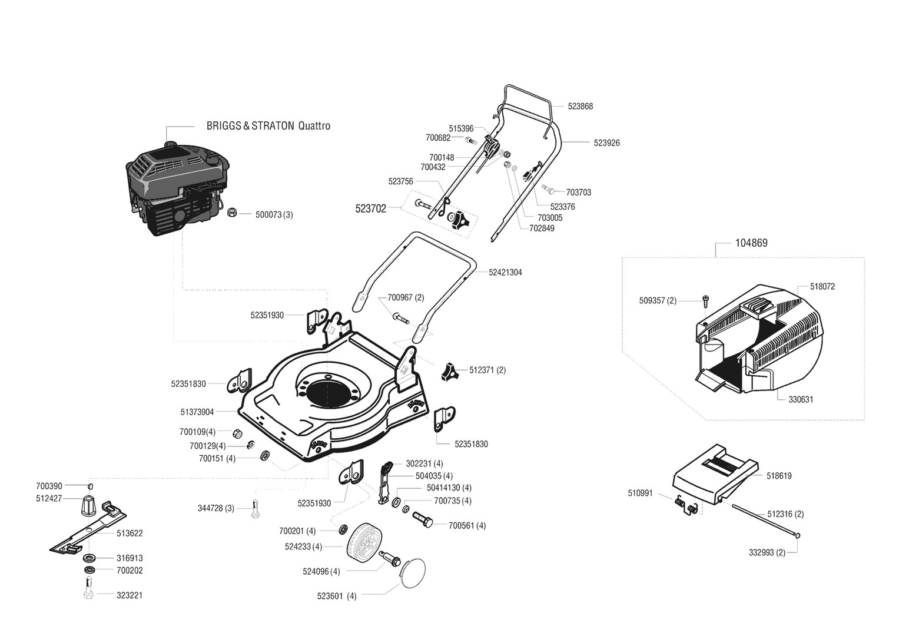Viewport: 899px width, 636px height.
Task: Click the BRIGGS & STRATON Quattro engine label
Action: click(x=268, y=125)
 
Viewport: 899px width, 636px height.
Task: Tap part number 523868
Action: click(x=580, y=107)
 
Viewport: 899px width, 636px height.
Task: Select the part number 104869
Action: click(x=751, y=243)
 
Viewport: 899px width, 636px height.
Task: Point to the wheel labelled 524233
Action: click(x=364, y=546)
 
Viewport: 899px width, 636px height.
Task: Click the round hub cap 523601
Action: click(x=413, y=574)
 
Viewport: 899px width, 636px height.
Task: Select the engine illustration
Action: click(x=177, y=188)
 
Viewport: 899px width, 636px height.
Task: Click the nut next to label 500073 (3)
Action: click(x=231, y=213)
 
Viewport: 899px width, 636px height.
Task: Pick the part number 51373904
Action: click(x=197, y=412)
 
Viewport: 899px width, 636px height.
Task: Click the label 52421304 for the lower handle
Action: click(x=505, y=273)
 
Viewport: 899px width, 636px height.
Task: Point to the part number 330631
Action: click(x=801, y=400)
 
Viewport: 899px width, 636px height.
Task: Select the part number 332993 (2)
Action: click(x=767, y=552)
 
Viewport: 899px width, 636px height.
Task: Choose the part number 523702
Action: click(x=370, y=209)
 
